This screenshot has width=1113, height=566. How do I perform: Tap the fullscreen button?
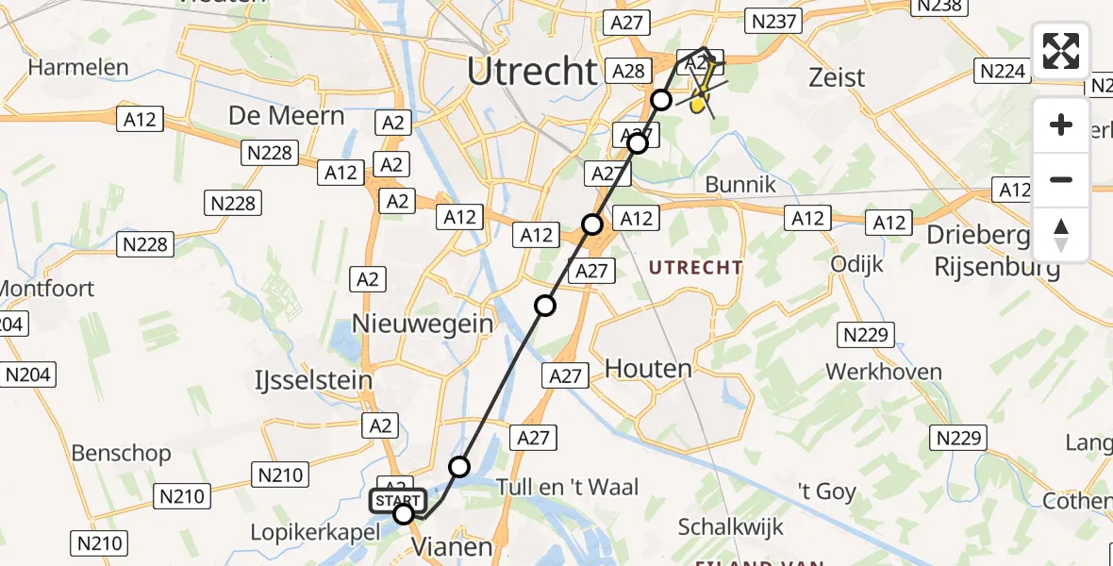click(x=1061, y=51)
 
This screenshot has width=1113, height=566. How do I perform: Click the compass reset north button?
click(x=1061, y=234)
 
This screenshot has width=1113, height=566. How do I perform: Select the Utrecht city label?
click(x=532, y=72)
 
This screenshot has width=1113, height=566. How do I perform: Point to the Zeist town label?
click(x=837, y=77)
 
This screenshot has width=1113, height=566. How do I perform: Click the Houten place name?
click(x=648, y=368)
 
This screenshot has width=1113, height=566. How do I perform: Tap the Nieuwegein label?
click(x=423, y=324)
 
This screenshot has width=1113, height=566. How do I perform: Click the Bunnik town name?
click(x=740, y=184)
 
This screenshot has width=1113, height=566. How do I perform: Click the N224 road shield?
click(x=1002, y=71)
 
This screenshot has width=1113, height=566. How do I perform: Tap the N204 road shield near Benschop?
click(x=27, y=375)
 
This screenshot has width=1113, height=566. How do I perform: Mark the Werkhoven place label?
click(x=883, y=372)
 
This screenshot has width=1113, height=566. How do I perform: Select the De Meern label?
click(x=286, y=116)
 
